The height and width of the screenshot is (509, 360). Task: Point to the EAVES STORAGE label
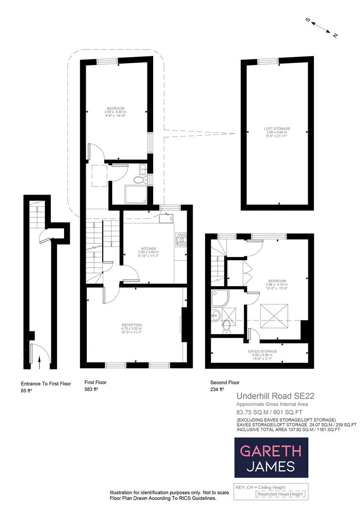click(262, 351)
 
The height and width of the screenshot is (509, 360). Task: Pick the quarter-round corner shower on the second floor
click(220, 296)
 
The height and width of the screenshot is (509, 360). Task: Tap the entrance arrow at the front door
click(39, 361)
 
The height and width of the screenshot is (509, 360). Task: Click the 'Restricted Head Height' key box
click(279, 494)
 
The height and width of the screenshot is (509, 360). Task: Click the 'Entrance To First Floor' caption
click(46, 384)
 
